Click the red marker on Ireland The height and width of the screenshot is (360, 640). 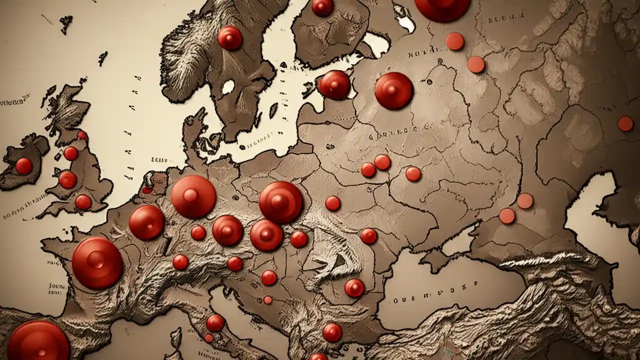(x=23, y=166)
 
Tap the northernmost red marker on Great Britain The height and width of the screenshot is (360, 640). (x=82, y=135)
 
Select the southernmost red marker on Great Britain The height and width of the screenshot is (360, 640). (x=83, y=202)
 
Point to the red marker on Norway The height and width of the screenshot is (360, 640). (x=230, y=38)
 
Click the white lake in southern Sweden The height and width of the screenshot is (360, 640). (x=228, y=86)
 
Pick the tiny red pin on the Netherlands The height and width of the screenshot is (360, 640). (x=147, y=190)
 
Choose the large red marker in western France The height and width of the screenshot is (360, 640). (x=97, y=263)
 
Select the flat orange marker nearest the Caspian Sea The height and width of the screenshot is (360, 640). (x=625, y=123)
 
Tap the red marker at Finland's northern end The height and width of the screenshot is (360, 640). (x=322, y=7)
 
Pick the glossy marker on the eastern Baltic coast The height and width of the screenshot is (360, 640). (x=334, y=84)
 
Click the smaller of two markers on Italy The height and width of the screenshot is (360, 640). (x=209, y=338)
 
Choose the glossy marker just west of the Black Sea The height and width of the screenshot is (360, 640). (x=354, y=288)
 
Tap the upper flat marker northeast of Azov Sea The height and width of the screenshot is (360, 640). (x=525, y=201)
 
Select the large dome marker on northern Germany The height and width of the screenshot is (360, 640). (x=193, y=196)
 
